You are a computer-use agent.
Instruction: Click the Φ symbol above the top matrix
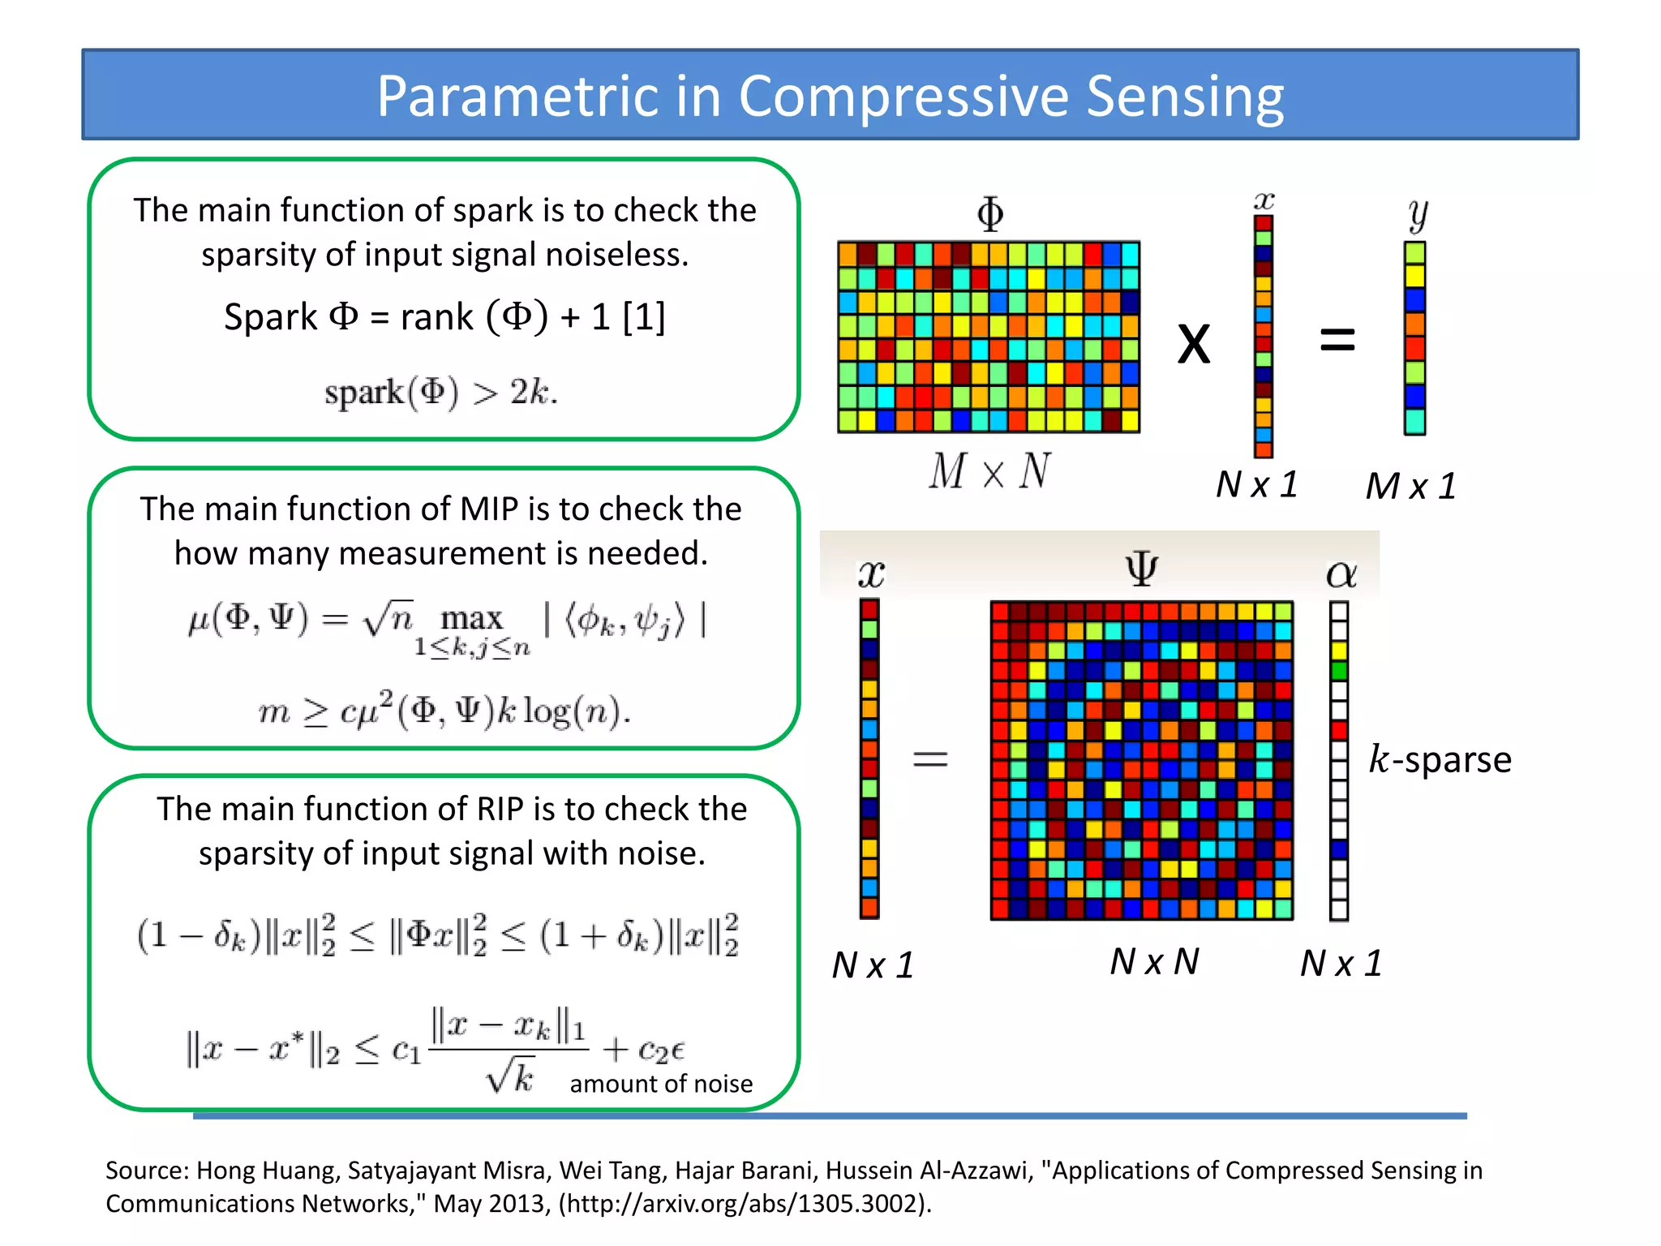[989, 214]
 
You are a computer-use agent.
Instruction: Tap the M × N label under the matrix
[989, 471]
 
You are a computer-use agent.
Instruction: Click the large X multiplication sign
[1193, 343]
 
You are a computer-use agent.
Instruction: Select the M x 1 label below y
[1410, 487]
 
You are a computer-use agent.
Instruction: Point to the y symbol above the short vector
[1417, 214]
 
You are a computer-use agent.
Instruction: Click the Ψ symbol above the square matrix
[1141, 569]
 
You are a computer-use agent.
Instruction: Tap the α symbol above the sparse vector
[1341, 574]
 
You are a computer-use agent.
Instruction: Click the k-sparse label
[1440, 760]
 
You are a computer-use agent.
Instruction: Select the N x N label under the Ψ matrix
[1154, 962]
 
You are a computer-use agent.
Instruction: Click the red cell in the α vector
[1339, 730]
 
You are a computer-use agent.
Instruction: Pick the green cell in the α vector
[1339, 671]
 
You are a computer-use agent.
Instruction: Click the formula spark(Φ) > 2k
[441, 393]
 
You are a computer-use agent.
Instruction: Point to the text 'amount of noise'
[660, 1084]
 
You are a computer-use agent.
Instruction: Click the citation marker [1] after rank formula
[644, 317]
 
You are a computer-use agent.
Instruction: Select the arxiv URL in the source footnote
[743, 1203]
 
